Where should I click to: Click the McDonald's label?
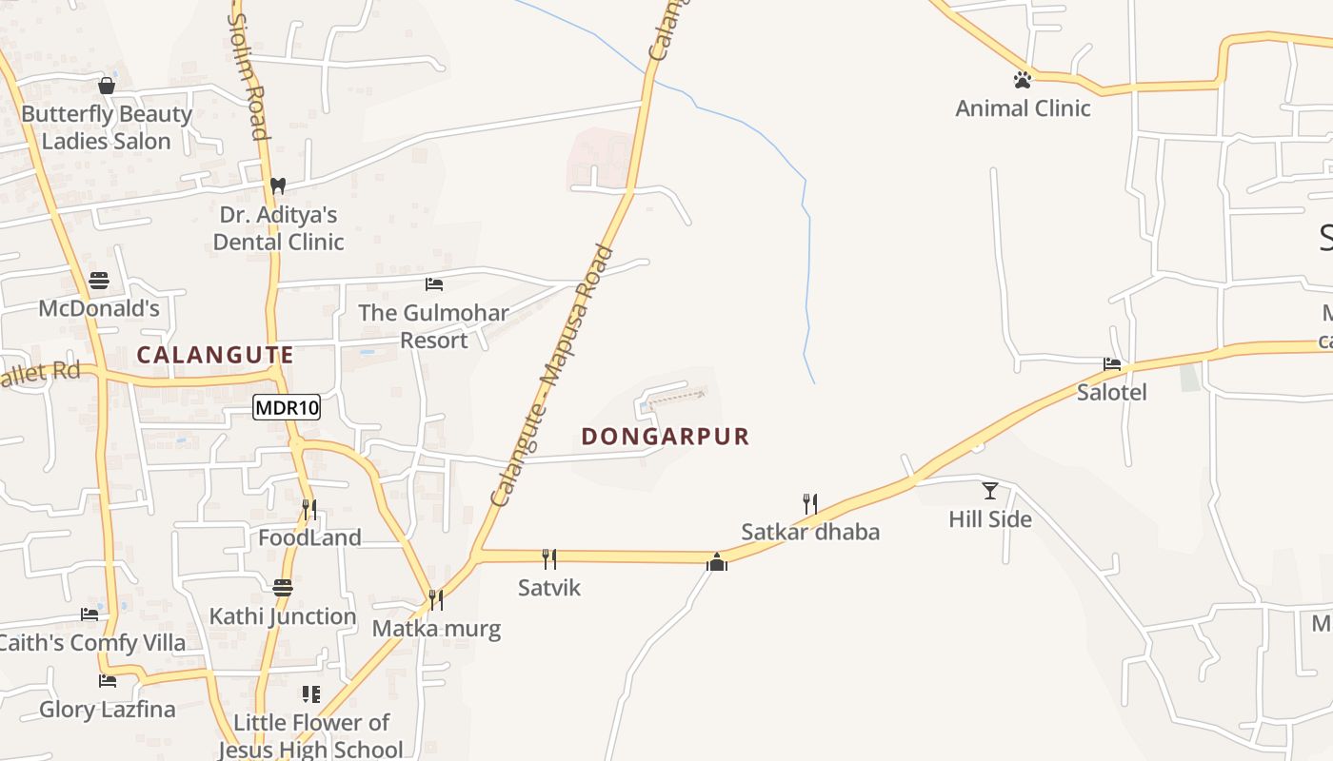[x=98, y=308]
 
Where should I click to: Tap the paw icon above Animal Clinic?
[x=1023, y=80]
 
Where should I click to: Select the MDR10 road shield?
[x=287, y=408]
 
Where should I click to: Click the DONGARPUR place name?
[x=666, y=437]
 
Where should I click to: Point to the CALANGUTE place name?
[x=214, y=355]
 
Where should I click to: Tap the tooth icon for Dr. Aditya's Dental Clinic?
[x=277, y=185]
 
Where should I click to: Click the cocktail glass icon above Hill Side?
[x=990, y=491]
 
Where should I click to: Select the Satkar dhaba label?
[x=810, y=532]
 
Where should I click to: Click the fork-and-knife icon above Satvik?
[x=549, y=558]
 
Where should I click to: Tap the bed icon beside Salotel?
[x=1111, y=363]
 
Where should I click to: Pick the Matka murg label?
[x=436, y=628]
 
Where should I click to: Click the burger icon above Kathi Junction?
[x=282, y=588]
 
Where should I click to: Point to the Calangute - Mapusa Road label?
[x=552, y=376]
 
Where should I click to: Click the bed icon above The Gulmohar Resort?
[x=433, y=284]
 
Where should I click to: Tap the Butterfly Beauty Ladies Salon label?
[x=107, y=127]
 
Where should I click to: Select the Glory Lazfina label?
[x=108, y=709]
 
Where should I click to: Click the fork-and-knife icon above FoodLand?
[x=309, y=510]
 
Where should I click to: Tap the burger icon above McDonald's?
[x=98, y=281]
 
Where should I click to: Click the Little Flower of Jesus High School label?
[x=311, y=735]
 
